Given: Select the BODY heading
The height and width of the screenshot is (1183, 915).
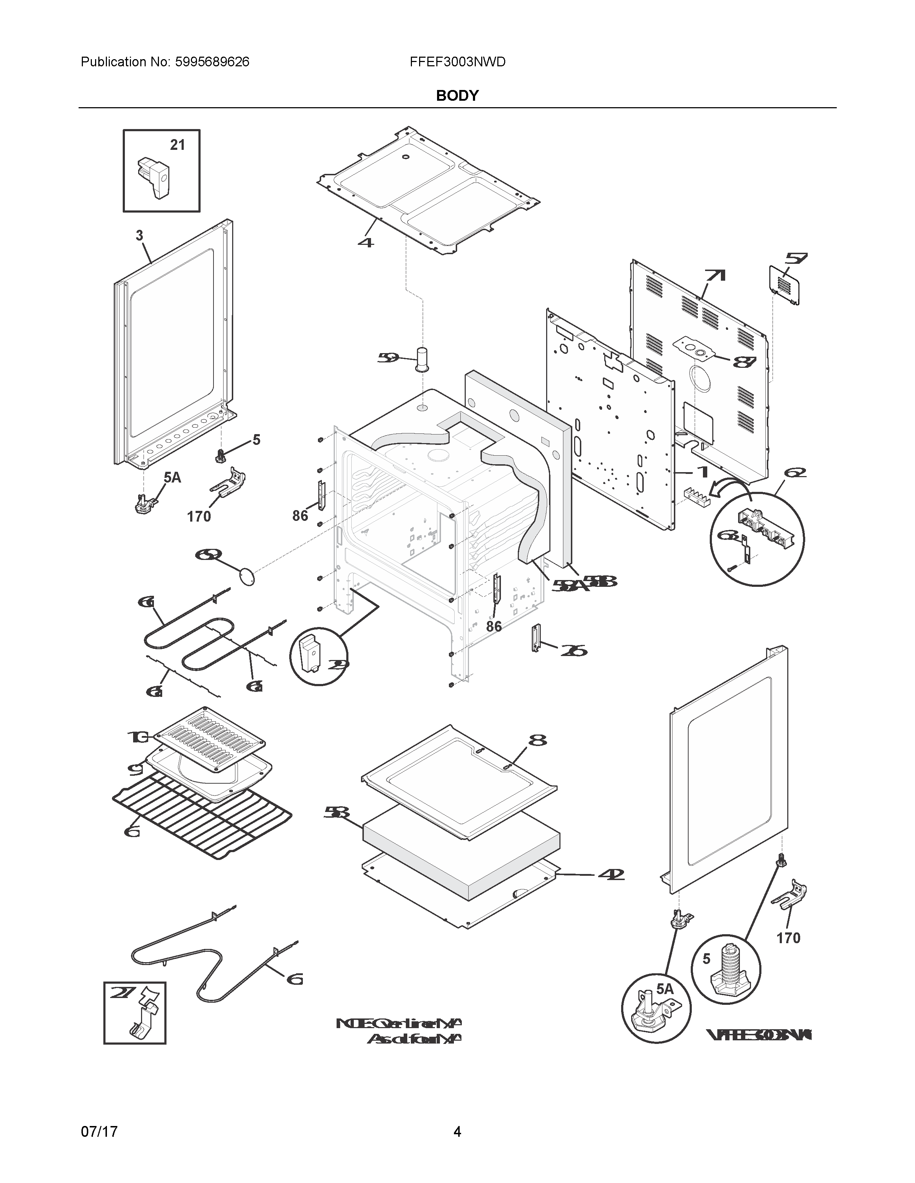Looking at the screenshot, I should point(457,96).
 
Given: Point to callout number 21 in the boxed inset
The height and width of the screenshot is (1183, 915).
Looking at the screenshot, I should point(177,145).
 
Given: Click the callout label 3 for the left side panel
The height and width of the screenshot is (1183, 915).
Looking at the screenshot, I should point(139,236).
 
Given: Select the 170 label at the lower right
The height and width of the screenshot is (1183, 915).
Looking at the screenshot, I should point(788,938).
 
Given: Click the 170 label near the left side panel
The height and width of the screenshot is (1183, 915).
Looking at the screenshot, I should point(199,517).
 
